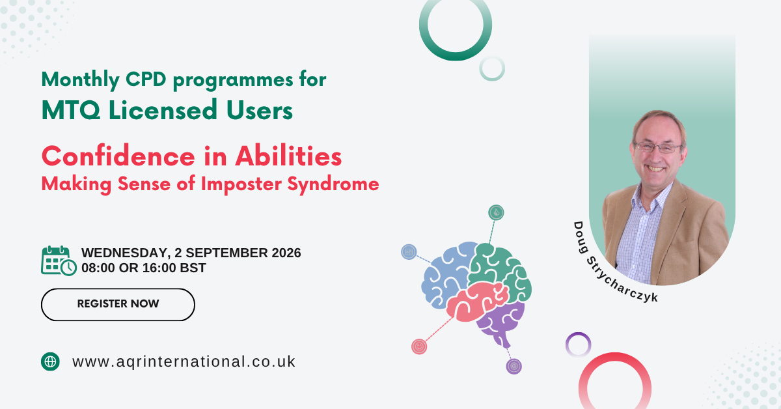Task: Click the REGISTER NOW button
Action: point(118,304)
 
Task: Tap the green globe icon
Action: point(50,361)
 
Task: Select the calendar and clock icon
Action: point(59,261)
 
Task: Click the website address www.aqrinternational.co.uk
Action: point(184,361)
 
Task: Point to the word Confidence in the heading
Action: point(118,156)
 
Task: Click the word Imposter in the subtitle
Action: point(241,184)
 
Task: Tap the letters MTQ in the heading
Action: point(71,110)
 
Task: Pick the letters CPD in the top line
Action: point(146,79)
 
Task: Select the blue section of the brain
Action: point(445,275)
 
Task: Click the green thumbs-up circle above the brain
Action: point(496,212)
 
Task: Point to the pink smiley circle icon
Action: point(419,346)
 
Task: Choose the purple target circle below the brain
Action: point(514,367)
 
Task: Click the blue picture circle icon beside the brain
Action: point(409,251)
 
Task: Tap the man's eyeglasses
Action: point(658,148)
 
